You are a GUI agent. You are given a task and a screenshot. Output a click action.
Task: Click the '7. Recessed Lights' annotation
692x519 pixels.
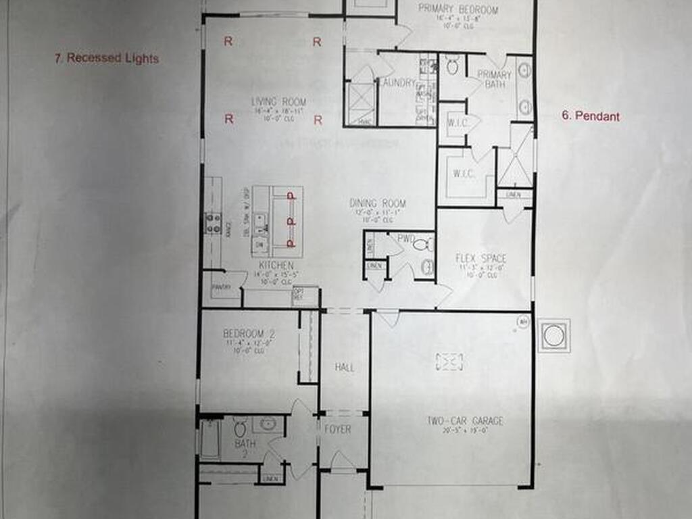[107, 59]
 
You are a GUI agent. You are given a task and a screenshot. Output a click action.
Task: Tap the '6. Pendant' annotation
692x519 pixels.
[590, 116]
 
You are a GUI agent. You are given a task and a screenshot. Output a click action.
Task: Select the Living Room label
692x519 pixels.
[278, 102]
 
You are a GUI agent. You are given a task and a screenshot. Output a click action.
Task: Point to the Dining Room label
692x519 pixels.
[377, 203]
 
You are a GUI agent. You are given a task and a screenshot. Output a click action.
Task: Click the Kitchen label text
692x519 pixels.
[276, 266]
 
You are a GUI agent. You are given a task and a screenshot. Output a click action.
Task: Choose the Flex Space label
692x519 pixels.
[480, 259]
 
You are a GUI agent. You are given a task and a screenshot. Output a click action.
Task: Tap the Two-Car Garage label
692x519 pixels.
[464, 421]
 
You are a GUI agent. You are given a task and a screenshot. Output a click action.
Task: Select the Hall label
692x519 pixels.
[345, 368]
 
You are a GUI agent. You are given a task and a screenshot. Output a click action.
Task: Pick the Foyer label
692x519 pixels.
[338, 429]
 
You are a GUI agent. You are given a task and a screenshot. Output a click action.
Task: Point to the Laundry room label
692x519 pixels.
[397, 83]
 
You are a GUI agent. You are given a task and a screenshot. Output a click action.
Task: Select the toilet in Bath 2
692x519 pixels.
[239, 428]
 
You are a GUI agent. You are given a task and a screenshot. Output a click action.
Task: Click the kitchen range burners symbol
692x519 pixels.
[213, 223]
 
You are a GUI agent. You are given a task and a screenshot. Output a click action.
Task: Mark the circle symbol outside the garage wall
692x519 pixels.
[553, 335]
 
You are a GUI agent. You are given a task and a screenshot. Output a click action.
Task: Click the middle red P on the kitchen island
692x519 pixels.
[291, 220]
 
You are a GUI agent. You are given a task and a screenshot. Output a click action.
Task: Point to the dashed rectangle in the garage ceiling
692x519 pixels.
[450, 362]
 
